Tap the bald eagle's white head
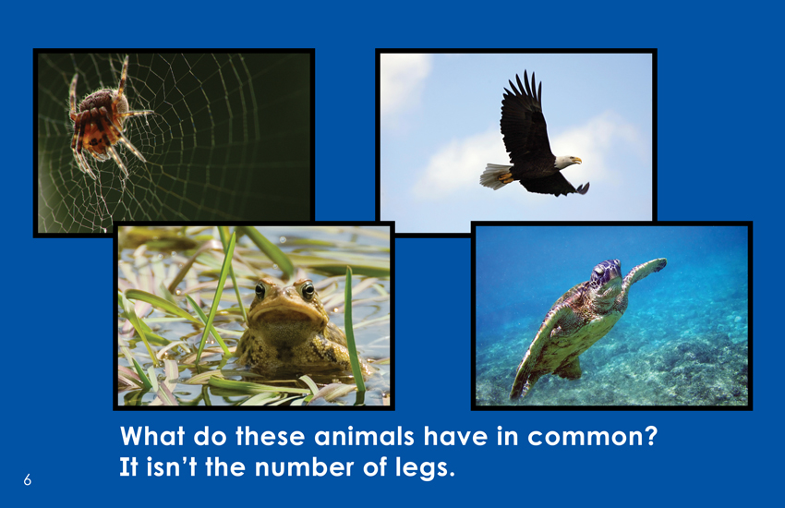pyautogui.click(x=566, y=163)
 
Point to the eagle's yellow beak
pyautogui.click(x=577, y=161)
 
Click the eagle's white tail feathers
pyautogui.click(x=495, y=175)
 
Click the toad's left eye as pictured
pyautogui.click(x=260, y=290)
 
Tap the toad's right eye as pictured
pyautogui.click(x=308, y=289)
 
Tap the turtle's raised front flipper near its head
pyautogui.click(x=645, y=271)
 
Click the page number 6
pyautogui.click(x=27, y=480)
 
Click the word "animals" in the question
pyautogui.click(x=364, y=436)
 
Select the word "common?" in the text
pyautogui.click(x=592, y=437)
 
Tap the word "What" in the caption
pyautogui.click(x=152, y=436)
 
